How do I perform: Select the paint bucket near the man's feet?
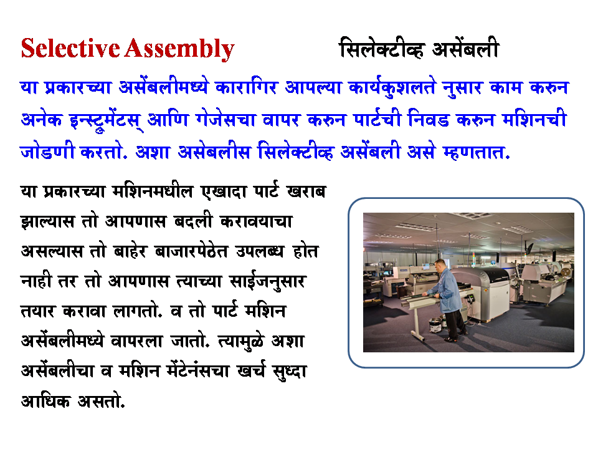click(x=435, y=324)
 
